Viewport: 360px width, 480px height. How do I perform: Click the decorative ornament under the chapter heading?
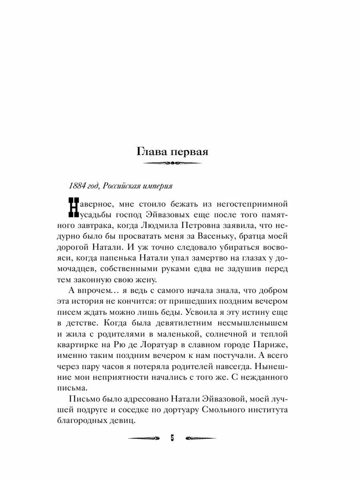(x=172, y=163)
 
